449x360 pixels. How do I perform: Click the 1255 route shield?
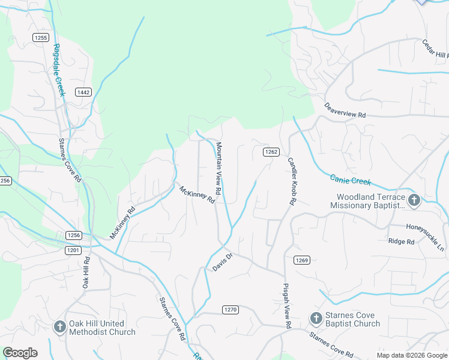pos(41,37)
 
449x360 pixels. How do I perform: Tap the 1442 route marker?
pos(83,92)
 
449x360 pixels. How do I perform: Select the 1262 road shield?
pos(271,152)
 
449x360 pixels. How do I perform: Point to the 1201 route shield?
pos(73,250)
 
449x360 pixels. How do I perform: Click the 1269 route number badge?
pos(301,260)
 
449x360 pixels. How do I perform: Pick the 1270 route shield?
pos(231,310)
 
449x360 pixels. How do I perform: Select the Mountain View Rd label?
pos(219,169)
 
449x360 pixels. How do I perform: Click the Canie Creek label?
pos(351,179)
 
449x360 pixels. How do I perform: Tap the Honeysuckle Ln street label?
pos(425,228)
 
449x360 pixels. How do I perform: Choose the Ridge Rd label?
pos(402,242)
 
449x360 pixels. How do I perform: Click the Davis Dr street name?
pos(223,262)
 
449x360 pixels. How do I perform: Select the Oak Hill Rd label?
pos(86,274)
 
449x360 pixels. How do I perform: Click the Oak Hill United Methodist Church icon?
pos(59,327)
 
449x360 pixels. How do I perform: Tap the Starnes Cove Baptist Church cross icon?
pos(316,319)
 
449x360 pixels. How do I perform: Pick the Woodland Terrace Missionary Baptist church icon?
pos(413,200)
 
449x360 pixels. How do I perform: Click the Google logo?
pos(20,353)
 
